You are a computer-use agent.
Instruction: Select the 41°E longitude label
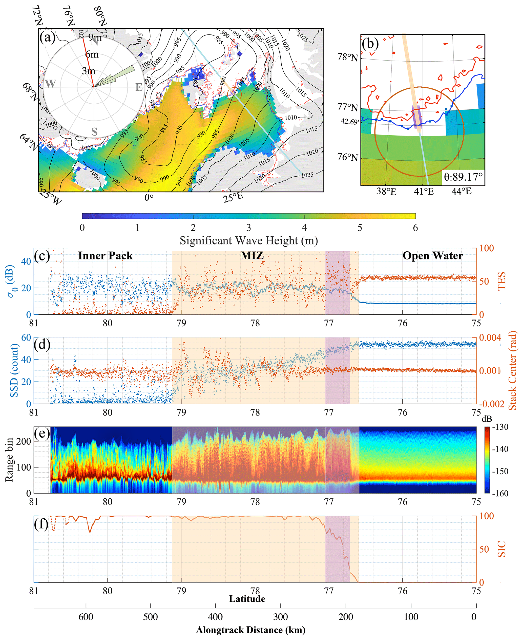coord(424,192)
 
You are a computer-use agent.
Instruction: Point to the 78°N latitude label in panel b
coord(348,57)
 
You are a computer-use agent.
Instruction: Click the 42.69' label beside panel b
coord(349,122)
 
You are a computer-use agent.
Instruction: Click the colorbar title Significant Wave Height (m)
coord(248,241)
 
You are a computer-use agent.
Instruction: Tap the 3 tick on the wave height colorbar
coord(248,228)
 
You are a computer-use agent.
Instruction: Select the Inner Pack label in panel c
coord(105,256)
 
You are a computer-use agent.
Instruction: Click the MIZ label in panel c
coord(252,256)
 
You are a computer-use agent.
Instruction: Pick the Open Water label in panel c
coord(433,256)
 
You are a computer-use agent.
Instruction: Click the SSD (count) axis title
coord(14,370)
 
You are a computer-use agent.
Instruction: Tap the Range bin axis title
coord(9,460)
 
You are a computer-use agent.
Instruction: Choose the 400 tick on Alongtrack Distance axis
coord(215,617)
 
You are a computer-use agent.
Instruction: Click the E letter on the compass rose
coord(139,87)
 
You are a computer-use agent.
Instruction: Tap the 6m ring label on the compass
coord(92,54)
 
